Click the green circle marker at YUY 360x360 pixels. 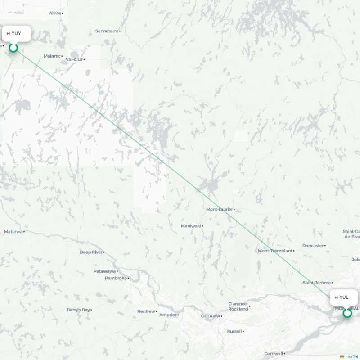point(13,48)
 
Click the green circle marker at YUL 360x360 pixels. point(347,313)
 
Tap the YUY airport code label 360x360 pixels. point(16,33)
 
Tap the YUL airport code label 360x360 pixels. point(344,297)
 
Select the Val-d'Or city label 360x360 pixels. point(74,59)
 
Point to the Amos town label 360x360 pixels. point(54,13)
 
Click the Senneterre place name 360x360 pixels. point(107,31)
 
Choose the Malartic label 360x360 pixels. point(52,56)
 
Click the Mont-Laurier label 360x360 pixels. point(219,210)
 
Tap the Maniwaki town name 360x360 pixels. point(190,225)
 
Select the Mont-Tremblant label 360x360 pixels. point(275,251)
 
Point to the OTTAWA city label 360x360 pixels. point(210,316)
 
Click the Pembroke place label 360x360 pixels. point(116,278)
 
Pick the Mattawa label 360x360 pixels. point(13,232)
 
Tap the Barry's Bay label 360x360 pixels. point(78,310)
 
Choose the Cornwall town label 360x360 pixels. point(274,353)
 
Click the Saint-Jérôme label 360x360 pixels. point(316,283)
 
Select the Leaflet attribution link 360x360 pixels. point(351,356)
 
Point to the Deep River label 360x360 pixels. point(91,252)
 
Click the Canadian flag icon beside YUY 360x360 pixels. point(8,33)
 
